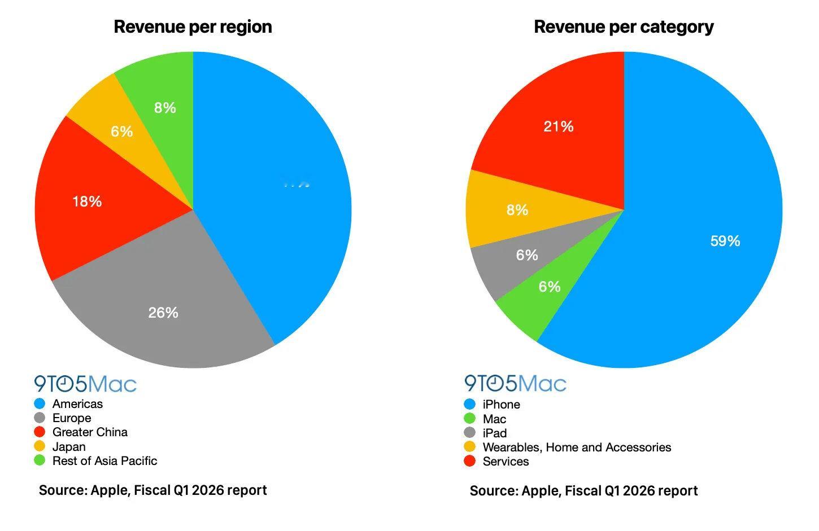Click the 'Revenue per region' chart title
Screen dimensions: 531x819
pos(193,27)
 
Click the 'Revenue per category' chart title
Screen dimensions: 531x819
pos(624,27)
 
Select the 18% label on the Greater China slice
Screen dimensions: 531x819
pos(87,201)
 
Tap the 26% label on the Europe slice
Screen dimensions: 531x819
pos(163,313)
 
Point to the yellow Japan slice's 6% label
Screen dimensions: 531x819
pos(121,131)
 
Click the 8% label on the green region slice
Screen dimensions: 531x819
pos(165,108)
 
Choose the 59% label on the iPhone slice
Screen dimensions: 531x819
pos(725,241)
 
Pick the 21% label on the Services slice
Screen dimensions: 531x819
pos(559,126)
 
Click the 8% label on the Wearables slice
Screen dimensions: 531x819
pos(517,210)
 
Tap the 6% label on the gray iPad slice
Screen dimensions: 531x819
pos(526,255)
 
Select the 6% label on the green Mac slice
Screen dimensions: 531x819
pos(549,287)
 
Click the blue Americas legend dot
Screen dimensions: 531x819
pos(40,404)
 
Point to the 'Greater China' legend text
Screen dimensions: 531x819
pos(90,432)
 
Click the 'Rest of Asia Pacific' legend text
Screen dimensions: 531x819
pos(104,461)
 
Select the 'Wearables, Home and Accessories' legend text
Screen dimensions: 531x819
pos(577,447)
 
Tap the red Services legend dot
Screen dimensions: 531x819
pos(469,462)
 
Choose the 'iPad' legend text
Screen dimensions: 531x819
pos(494,433)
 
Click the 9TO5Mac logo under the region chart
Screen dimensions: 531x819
pos(85,384)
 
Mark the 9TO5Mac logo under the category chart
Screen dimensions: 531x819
pos(515,384)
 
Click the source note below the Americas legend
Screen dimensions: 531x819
pos(153,490)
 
